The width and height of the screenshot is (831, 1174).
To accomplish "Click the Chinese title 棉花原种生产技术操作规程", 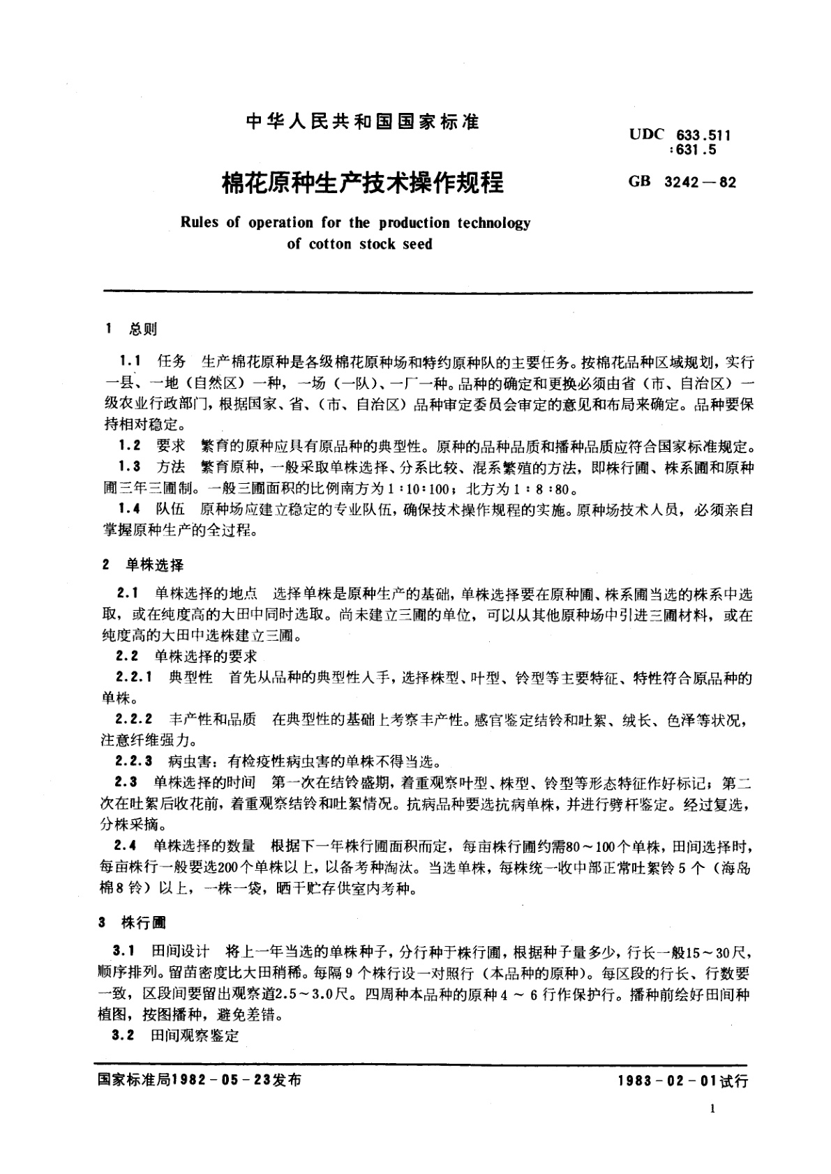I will tap(363, 183).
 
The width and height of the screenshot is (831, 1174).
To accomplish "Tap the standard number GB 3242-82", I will tap(682, 182).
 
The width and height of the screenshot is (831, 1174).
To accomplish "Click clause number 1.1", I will tap(131, 363).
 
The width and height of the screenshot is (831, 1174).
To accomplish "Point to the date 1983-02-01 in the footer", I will tap(667, 1081).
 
